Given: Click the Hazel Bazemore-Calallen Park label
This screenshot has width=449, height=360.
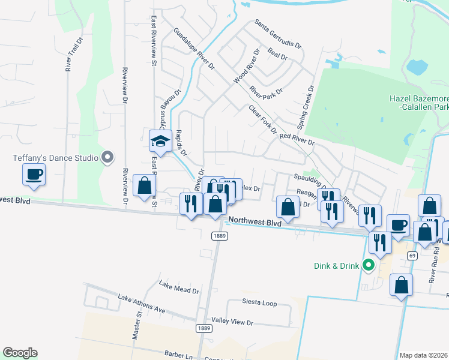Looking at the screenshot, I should pyautogui.click(x=418, y=103).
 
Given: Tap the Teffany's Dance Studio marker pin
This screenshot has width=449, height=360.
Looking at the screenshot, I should pyautogui.click(x=108, y=157).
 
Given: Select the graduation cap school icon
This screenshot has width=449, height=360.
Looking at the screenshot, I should pyautogui.click(x=161, y=141).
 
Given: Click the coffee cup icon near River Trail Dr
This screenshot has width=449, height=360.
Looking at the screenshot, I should pyautogui.click(x=34, y=175).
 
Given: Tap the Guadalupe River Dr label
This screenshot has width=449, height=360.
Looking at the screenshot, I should pyautogui.click(x=194, y=49).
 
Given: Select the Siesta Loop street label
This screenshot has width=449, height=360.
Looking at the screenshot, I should pyautogui.click(x=259, y=303).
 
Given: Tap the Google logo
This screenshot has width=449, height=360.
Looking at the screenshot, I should pyautogui.click(x=20, y=353).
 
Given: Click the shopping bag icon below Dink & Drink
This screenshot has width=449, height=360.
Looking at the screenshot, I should pyautogui.click(x=401, y=286).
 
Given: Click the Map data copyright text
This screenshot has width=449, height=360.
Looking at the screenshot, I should pyautogui.click(x=423, y=355).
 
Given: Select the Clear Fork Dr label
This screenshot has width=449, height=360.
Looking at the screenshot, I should pyautogui.click(x=263, y=119).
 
